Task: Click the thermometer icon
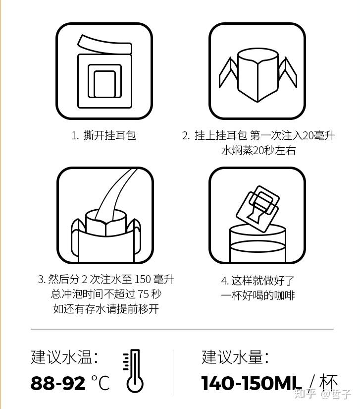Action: click(134, 371)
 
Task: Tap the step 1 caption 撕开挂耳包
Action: click(109, 135)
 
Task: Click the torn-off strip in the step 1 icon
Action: click(104, 44)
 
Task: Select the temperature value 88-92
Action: click(58, 383)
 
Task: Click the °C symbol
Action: click(101, 382)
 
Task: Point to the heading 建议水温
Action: click(61, 357)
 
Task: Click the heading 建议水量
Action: click(232, 357)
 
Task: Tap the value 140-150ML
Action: click(251, 383)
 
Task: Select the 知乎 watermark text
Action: click(306, 394)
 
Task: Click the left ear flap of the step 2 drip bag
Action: click(228, 72)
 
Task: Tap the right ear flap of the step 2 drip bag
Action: click(288, 72)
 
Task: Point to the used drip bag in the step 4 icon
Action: click(257, 209)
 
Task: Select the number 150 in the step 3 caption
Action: click(143, 280)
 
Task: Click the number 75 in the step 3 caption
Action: click(143, 294)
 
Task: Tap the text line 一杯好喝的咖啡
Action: click(258, 295)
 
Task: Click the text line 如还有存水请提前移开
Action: click(106, 309)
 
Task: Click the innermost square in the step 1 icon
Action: click(104, 84)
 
